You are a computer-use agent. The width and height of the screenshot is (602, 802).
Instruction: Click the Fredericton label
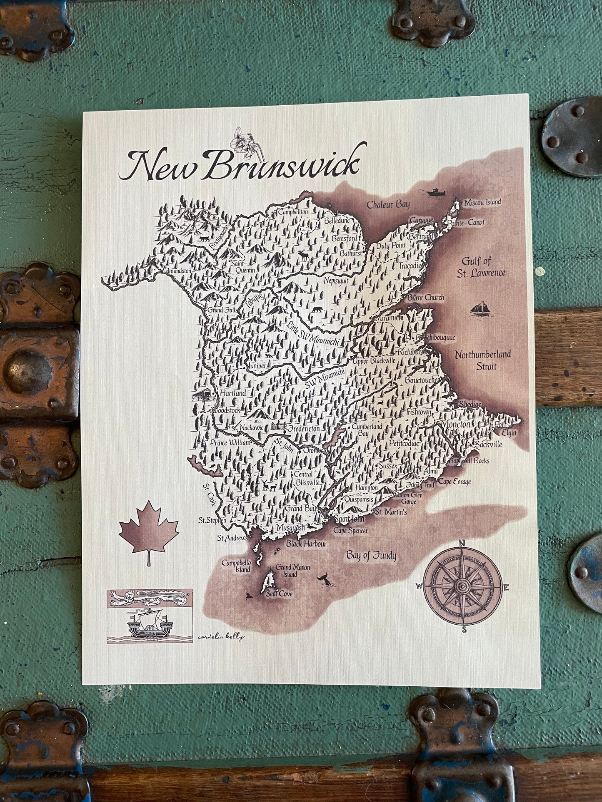click(304, 428)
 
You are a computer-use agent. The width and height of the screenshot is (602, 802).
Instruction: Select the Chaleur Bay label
click(387, 204)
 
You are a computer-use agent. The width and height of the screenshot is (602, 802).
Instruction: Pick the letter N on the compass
click(461, 543)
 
